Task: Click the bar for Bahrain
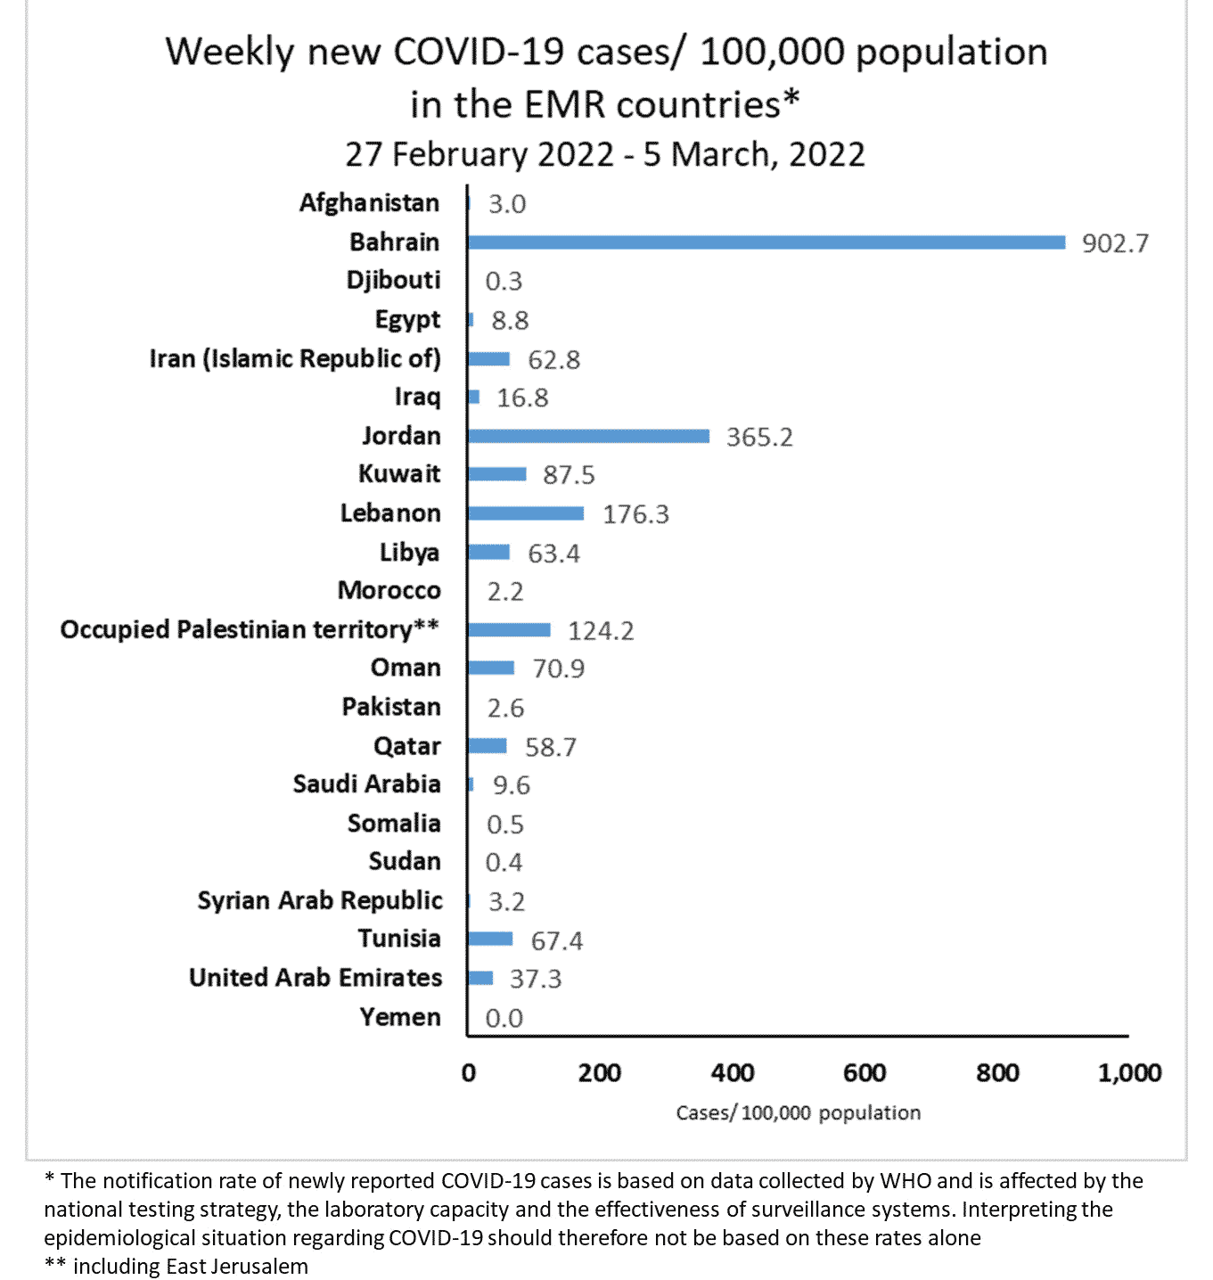(x=766, y=242)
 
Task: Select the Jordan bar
(x=588, y=436)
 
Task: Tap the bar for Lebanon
(x=526, y=513)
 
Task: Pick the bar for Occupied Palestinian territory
(x=509, y=630)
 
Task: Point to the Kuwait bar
(x=497, y=474)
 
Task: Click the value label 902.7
(x=1115, y=243)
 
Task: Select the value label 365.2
(x=759, y=437)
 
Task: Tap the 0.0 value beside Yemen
(x=504, y=1018)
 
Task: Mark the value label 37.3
(x=536, y=979)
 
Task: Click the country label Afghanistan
(x=369, y=203)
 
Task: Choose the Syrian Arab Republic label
(x=320, y=900)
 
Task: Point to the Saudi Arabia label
(x=366, y=784)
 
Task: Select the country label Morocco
(x=389, y=591)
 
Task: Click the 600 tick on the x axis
(x=865, y=1072)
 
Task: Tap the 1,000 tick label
(x=1129, y=1072)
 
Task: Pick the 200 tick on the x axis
(x=600, y=1072)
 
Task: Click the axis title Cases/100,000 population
(x=798, y=1113)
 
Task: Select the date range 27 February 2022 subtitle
(x=605, y=155)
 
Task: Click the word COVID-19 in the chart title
(x=479, y=53)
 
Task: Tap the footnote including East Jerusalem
(x=176, y=1267)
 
